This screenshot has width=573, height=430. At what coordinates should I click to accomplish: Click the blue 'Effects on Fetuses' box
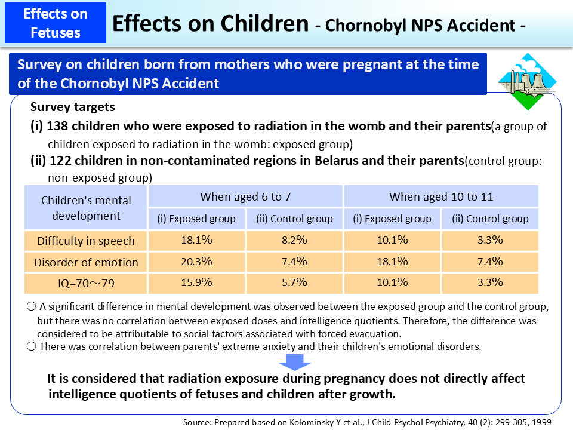56,22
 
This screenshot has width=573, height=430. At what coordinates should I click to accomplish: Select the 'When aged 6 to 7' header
245,196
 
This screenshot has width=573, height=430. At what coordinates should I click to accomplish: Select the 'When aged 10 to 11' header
441,196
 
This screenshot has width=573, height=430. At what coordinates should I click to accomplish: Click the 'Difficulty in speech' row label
86,241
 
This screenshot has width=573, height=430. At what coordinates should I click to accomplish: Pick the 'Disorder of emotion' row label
86,262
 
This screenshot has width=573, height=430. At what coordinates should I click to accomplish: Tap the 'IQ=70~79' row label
86,283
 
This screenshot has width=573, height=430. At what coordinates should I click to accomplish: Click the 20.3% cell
196,262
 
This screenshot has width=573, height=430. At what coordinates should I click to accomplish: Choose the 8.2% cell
294,241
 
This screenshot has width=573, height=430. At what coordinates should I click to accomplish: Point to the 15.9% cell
196,282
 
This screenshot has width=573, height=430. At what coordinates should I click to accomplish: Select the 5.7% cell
294,282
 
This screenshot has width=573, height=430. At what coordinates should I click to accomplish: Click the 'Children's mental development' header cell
86,208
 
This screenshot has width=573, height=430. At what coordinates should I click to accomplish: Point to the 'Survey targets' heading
73,108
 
